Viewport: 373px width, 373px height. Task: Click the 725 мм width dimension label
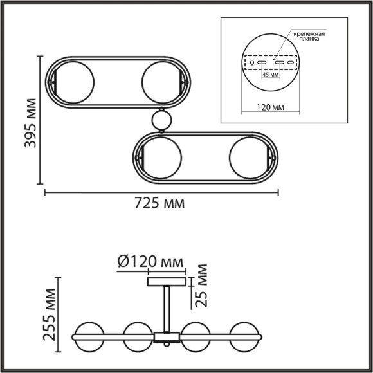coord(159,204)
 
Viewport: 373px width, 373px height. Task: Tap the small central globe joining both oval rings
coord(160,120)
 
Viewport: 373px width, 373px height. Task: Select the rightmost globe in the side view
coord(244,336)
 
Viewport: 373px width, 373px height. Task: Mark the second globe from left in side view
coord(138,336)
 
